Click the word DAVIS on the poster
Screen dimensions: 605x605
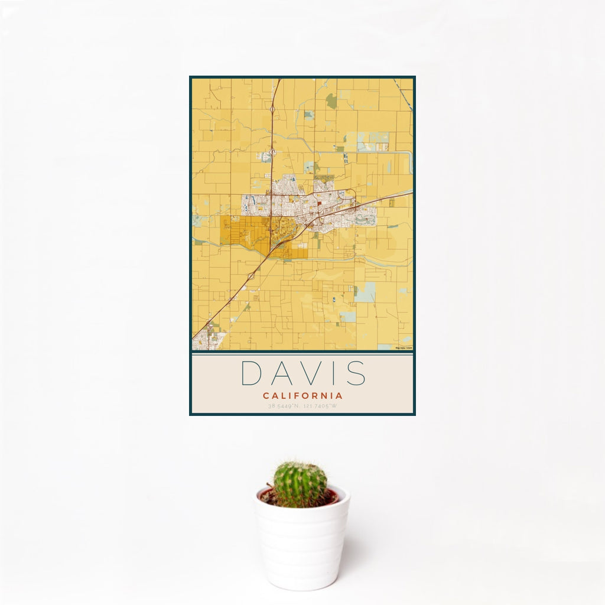tap(302, 373)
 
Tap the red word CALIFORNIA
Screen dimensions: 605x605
tap(302, 395)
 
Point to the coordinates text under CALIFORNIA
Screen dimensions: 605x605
tap(302, 406)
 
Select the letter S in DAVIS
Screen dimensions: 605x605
tap(356, 373)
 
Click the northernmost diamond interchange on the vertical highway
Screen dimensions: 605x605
tap(272, 109)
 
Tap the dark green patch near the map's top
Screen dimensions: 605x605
tap(331, 101)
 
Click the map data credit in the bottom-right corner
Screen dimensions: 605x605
tap(404, 348)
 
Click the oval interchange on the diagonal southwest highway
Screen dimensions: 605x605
tap(251, 275)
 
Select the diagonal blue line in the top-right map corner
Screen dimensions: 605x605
tap(404, 94)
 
